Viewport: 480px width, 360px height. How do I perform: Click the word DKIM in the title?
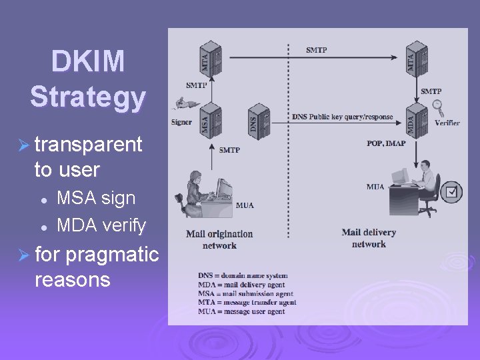87,62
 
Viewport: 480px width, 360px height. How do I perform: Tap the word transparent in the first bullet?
89,144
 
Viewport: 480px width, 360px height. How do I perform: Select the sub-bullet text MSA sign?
96,198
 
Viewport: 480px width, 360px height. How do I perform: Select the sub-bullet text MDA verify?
101,226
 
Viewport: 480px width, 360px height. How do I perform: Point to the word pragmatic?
112,254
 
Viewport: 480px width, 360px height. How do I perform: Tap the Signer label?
181,123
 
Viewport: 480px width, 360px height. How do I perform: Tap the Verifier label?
447,123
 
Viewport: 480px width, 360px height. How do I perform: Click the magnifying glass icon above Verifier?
438,106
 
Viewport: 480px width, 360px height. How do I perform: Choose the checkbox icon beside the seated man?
451,192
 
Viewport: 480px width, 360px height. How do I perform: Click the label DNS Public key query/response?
342,117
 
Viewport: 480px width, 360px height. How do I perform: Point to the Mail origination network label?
219,239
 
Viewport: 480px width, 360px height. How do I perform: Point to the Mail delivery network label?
369,238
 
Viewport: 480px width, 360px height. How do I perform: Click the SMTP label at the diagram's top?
317,50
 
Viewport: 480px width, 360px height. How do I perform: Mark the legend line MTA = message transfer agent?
247,303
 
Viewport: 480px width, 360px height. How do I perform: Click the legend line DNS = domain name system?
243,275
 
